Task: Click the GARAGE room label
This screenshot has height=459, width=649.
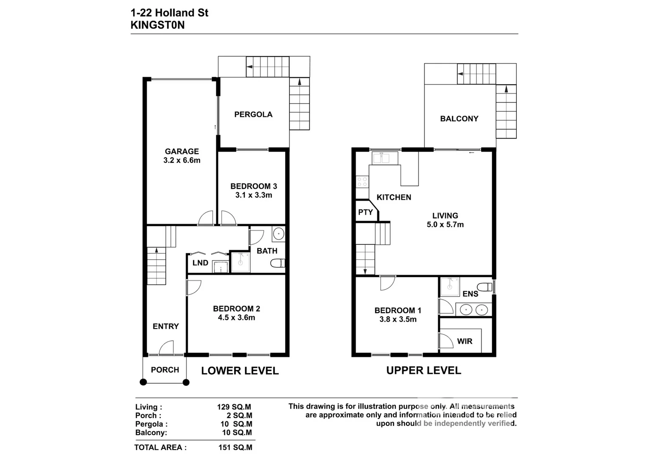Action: click(x=181, y=151)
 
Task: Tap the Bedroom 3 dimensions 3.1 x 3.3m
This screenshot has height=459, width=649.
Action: click(x=253, y=195)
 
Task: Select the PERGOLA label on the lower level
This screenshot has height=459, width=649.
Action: click(x=253, y=114)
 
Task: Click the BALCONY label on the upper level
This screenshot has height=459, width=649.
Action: click(x=459, y=119)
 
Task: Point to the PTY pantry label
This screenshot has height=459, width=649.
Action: click(x=365, y=212)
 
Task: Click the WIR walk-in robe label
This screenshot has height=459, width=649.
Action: click(x=465, y=341)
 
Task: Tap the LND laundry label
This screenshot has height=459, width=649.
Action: click(x=200, y=263)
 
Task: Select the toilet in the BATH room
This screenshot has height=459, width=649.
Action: click(x=278, y=263)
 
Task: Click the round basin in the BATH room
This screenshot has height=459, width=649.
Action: click(x=278, y=234)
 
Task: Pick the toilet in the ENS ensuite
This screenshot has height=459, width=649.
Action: click(x=485, y=286)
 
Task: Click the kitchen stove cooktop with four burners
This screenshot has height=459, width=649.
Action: click(x=362, y=182)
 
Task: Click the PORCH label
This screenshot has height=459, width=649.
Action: click(x=165, y=370)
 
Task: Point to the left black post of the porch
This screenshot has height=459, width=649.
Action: click(x=143, y=382)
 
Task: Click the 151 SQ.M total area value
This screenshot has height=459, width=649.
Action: click(x=235, y=447)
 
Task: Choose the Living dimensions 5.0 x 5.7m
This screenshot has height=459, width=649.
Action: click(x=445, y=225)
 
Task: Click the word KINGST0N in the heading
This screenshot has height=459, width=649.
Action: click(x=157, y=25)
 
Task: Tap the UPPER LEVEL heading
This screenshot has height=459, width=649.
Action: click(x=423, y=371)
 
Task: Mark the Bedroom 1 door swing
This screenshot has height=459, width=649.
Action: click(x=387, y=283)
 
